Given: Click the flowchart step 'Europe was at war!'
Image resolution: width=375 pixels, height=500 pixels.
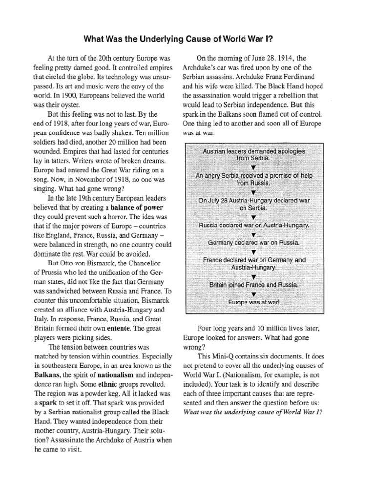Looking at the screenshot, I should pyautogui.click(x=254, y=302).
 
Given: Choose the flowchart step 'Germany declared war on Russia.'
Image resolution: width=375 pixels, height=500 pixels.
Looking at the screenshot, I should pyautogui.click(x=253, y=242).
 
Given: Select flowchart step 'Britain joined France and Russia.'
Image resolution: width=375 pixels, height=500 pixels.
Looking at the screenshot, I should pyautogui.click(x=254, y=284).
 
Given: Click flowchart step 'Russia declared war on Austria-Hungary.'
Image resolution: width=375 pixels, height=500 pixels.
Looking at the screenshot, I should pyautogui.click(x=254, y=225).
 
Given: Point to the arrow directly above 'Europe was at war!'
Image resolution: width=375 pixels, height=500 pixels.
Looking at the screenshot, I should pyautogui.click(x=254, y=294).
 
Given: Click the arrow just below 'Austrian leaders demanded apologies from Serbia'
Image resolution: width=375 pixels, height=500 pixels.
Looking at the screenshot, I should pyautogui.click(x=253, y=167).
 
